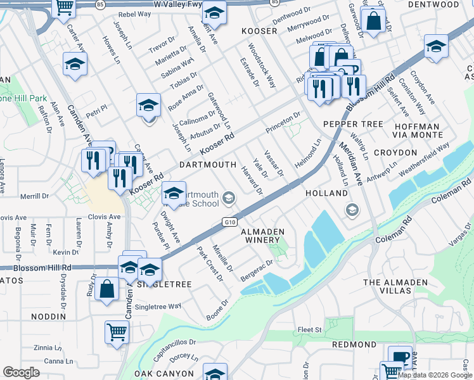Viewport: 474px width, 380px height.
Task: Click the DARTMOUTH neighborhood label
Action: click(x=208, y=165)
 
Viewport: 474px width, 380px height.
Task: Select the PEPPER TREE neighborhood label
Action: click(x=349, y=125)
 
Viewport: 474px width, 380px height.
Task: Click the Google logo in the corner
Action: click(x=21, y=372)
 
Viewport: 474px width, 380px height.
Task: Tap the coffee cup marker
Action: click(x=399, y=357)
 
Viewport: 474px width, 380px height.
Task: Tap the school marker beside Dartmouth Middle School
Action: click(x=173, y=193)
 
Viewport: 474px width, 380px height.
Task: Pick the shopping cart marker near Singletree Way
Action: click(x=117, y=331)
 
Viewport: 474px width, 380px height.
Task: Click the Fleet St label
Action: click(x=311, y=329)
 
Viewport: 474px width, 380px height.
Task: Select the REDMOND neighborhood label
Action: click(x=355, y=344)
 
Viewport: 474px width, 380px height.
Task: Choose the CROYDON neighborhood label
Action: click(x=395, y=153)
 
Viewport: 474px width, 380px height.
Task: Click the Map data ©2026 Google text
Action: click(x=435, y=375)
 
